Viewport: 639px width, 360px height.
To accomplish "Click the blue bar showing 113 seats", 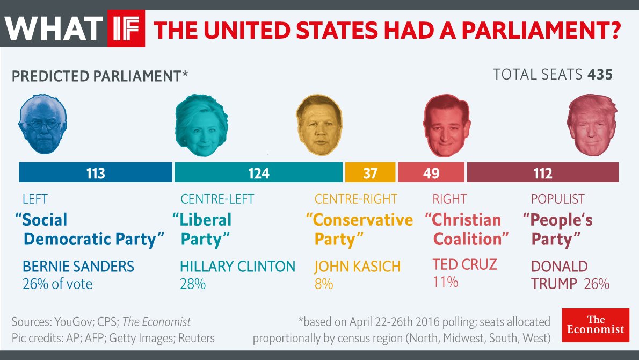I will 96,173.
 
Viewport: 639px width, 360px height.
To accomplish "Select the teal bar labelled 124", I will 258,173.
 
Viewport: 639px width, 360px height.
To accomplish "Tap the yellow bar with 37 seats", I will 370,173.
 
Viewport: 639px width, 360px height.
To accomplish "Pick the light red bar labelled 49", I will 431,173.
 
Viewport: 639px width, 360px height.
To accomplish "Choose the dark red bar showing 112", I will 542,173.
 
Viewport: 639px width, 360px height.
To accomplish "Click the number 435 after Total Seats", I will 600,74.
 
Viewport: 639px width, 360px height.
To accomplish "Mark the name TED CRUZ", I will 465,264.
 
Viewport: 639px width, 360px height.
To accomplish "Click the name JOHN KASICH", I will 358,266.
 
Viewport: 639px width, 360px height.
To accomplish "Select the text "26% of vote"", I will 57,284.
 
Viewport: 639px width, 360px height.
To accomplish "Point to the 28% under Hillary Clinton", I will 193,284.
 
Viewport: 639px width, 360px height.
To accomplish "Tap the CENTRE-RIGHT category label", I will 355,199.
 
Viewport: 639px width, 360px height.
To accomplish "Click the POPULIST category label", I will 557,199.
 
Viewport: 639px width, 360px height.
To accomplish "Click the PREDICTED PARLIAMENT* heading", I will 100,75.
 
